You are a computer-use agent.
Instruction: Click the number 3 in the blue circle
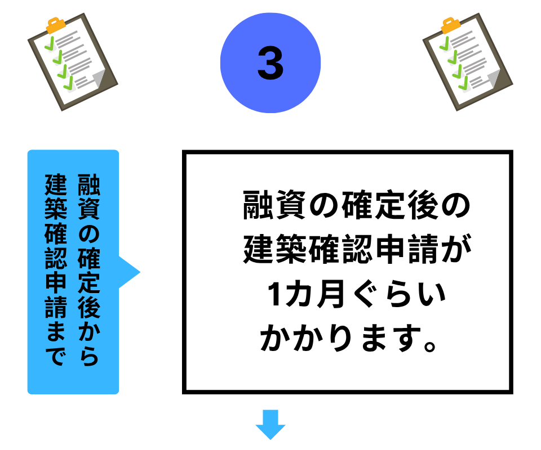(x=270, y=63)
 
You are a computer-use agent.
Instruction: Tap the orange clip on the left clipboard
(x=56, y=25)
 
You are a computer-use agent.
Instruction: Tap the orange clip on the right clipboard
(x=451, y=25)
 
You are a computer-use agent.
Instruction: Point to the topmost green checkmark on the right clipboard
(x=445, y=43)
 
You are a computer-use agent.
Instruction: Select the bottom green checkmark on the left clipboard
(x=69, y=83)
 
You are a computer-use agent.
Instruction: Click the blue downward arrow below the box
(x=270, y=425)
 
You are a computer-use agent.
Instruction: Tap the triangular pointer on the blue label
(x=130, y=272)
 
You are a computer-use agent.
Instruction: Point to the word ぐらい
(x=399, y=294)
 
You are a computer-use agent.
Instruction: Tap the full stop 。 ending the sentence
(x=429, y=345)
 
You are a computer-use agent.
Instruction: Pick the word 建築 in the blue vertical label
(x=56, y=197)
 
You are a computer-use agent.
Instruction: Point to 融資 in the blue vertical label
(x=89, y=197)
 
